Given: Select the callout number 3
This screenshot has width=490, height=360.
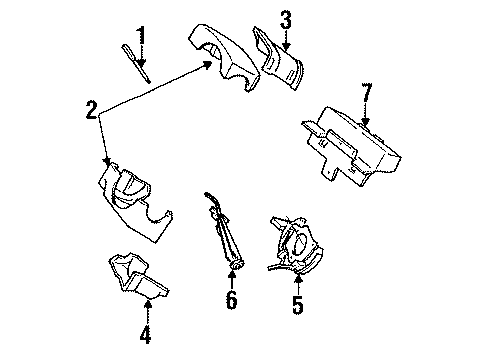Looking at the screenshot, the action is coord(285,17).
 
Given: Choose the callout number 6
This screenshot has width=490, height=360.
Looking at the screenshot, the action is coord(231,299).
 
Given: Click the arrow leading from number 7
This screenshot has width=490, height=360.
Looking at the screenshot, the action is coord(366,115).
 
